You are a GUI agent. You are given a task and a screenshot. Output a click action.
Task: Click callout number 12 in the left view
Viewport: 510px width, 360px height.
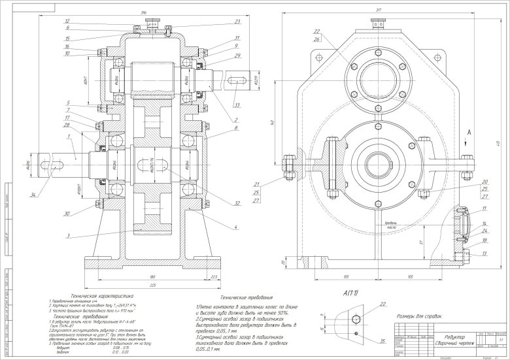point(67,22)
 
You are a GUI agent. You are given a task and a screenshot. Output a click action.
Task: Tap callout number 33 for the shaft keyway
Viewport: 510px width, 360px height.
point(235,105)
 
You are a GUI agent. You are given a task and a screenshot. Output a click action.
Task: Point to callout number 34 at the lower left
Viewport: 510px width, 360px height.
point(32,193)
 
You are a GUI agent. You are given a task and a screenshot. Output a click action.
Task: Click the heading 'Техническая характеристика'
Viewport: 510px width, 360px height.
point(102,296)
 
